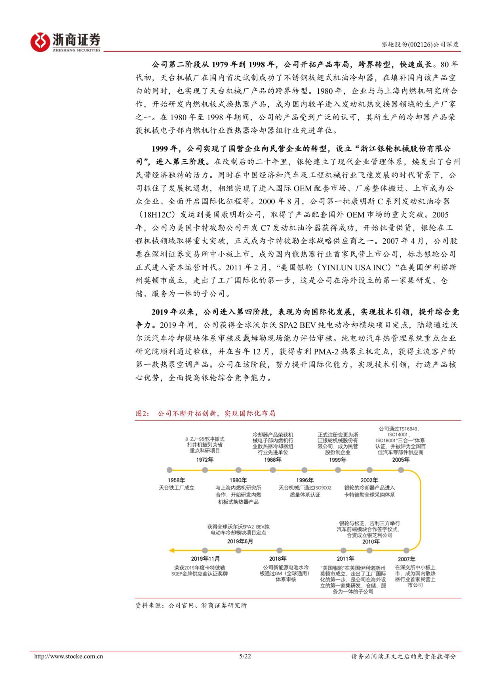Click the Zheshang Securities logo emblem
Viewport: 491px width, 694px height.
(40, 41)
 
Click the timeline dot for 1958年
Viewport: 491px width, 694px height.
(169, 470)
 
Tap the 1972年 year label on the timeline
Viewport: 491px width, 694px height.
(205, 460)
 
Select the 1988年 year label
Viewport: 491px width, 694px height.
(272, 460)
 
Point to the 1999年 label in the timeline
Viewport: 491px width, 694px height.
(337, 460)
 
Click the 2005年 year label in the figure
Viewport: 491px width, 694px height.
(401, 460)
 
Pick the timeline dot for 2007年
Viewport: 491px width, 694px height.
(406, 550)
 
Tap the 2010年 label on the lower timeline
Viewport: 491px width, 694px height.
(371, 542)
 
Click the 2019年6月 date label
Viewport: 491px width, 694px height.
(240, 541)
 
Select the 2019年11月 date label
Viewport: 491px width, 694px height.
(205, 559)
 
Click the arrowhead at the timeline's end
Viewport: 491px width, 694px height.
(171, 550)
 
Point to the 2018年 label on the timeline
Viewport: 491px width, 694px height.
(278, 559)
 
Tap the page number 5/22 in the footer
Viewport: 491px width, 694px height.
(245, 656)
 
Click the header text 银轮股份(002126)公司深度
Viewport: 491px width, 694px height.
(420, 45)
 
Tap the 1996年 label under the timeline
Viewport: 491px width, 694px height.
(304, 480)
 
